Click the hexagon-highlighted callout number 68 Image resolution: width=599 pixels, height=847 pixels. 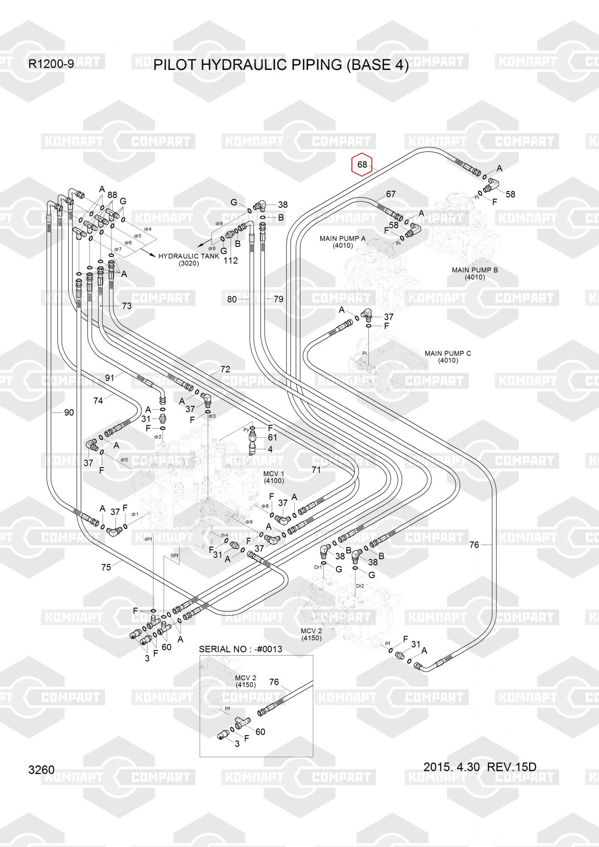(362, 164)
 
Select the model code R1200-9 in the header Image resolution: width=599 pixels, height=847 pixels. (51, 64)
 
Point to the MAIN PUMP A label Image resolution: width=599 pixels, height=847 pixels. (343, 238)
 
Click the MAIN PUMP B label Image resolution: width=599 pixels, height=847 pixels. (475, 270)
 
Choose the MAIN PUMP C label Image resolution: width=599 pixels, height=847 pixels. (448, 353)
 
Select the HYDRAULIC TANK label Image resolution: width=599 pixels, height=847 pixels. (189, 256)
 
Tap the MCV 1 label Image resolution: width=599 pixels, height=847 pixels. (274, 473)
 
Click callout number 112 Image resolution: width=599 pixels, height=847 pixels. (231, 260)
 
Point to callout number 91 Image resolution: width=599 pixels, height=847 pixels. (110, 377)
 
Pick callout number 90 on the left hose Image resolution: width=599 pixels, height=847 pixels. (69, 412)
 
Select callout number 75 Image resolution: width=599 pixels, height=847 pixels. (106, 567)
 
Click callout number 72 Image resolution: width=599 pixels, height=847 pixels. (225, 369)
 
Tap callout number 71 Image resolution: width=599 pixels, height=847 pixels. (316, 469)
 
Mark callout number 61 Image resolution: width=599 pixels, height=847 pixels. (272, 437)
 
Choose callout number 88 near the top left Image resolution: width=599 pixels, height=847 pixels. (112, 195)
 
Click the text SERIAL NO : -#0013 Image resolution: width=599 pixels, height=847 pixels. (240, 649)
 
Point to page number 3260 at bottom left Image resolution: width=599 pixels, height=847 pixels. (42, 769)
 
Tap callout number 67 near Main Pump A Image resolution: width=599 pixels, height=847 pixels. (390, 194)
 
